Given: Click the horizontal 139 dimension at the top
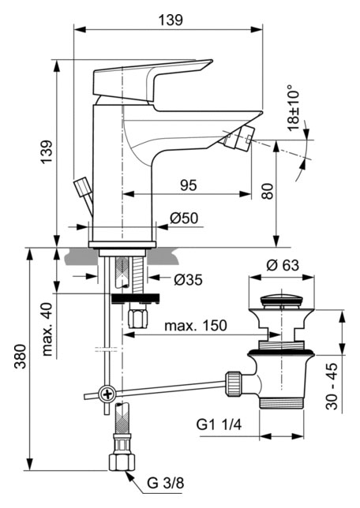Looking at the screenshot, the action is click(171, 20).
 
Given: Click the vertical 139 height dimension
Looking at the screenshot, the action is click(47, 152).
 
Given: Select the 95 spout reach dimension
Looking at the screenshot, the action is click(189, 185).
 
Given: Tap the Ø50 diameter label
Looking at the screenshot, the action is click(184, 219).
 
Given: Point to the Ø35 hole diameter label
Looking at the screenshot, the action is click(188, 279).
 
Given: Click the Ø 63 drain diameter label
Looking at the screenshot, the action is click(283, 265).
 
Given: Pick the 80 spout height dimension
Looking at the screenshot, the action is click(268, 191).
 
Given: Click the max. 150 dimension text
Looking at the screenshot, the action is click(196, 326).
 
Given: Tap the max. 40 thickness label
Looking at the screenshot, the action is click(47, 330).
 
